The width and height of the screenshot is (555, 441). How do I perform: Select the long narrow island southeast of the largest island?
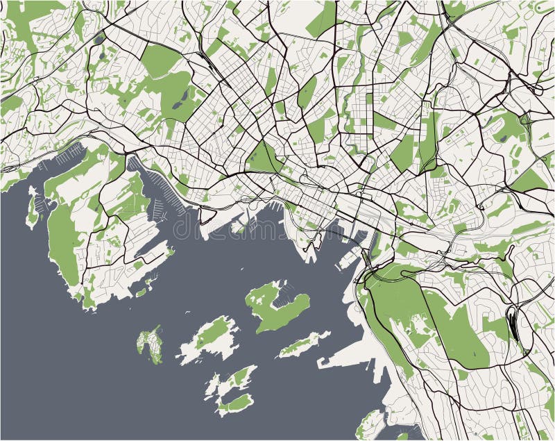coord(304,344)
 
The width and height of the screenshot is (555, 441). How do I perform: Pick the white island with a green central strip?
coord(208,338)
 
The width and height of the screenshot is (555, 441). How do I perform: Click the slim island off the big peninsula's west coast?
coord(32,209)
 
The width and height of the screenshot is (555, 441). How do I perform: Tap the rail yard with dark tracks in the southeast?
coord(513,323)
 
